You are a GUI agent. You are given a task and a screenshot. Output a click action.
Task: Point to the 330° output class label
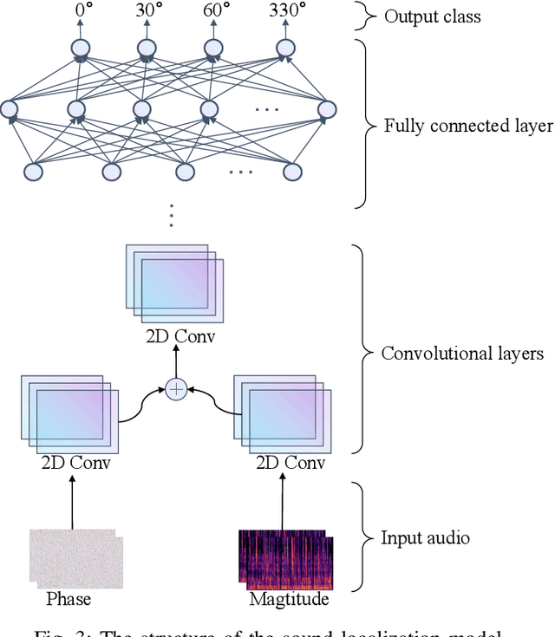coord(286,11)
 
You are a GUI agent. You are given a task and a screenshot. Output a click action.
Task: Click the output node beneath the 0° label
coord(80,49)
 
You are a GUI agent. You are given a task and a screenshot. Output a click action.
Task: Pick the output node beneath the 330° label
coord(286,49)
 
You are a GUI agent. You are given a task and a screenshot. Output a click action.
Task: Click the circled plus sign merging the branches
coord(176,389)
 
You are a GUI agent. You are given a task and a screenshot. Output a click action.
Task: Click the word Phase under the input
coord(69,599)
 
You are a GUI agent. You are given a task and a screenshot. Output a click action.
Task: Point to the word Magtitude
coord(289,599)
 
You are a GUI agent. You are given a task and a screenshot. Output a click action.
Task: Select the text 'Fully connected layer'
coord(468,127)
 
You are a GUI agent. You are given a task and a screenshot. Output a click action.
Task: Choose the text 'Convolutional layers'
coord(462,354)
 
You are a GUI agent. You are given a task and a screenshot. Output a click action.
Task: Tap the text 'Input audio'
coord(425,537)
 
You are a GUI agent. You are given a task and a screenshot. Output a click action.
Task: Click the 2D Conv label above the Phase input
coord(75,462)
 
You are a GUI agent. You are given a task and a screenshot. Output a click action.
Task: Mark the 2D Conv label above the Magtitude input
coord(291,462)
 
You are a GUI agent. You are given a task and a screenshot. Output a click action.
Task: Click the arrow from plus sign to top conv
coord(176,362)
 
